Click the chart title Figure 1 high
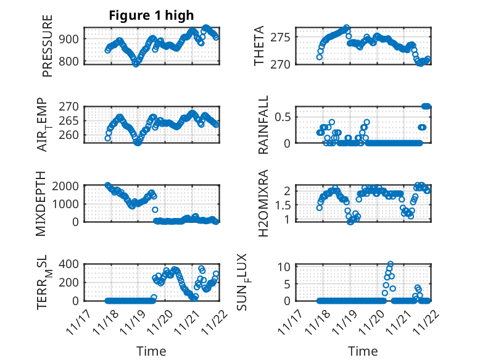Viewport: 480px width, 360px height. coord(151,15)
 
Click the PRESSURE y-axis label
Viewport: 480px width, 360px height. coord(48,46)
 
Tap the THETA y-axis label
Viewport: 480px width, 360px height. coord(259,46)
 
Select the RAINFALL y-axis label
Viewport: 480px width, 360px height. coord(263,125)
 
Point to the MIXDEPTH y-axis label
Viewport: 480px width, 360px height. coord(42,203)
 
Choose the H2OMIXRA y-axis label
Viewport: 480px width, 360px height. coord(263,203)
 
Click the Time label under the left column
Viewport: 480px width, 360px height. coord(151,351)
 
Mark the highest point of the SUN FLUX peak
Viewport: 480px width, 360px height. coord(391,264)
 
